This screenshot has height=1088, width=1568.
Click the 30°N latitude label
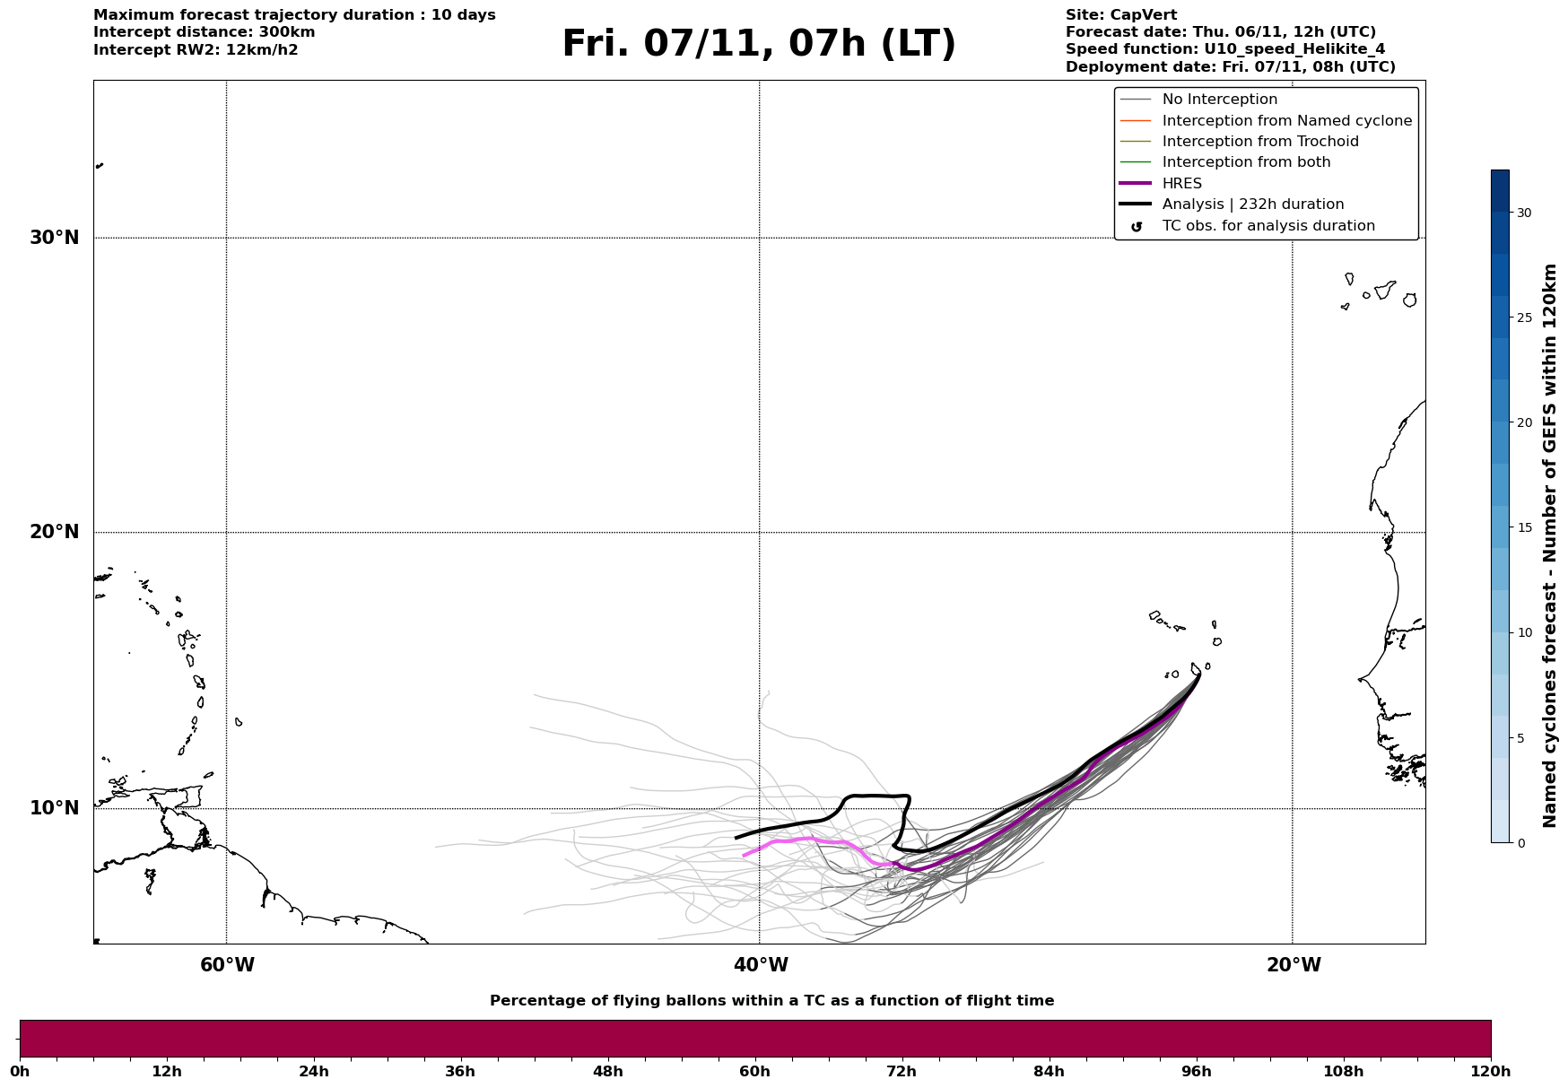(54, 238)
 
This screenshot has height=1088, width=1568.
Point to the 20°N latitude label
(54, 532)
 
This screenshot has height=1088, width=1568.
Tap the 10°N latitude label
(54, 808)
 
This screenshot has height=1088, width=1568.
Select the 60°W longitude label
(227, 965)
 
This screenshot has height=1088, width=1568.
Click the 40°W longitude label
(761, 965)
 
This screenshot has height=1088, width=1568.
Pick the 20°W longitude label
(1294, 965)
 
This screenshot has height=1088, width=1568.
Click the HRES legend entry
(1181, 184)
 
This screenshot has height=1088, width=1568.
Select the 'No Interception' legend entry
(1219, 100)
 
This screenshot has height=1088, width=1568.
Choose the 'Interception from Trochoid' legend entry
(1259, 142)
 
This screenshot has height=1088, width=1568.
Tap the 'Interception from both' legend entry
(1246, 162)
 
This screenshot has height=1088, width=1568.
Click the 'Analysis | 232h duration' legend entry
(1252, 205)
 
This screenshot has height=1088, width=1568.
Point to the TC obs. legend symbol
(1137, 227)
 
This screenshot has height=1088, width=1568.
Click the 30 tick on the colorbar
(1524, 213)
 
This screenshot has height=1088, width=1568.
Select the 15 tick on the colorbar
(1524, 527)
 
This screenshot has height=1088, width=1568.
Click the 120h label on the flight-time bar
(1490, 1071)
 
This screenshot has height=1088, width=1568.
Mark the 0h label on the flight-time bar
(20, 1071)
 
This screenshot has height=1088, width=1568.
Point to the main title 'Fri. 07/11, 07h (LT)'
(759, 44)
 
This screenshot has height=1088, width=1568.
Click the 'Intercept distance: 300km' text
(205, 32)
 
